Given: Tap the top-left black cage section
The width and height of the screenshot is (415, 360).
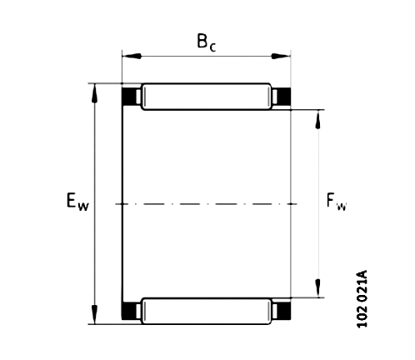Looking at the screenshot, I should [x=131, y=97].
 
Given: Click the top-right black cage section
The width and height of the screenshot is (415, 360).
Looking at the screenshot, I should [x=282, y=97].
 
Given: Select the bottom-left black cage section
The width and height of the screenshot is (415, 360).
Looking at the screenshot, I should [x=131, y=311].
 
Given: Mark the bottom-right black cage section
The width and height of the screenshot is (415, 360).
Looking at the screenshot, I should [x=282, y=311].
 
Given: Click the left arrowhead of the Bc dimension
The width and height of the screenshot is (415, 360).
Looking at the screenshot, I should [x=127, y=57].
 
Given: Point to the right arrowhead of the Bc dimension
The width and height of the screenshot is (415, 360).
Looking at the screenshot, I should [x=286, y=57].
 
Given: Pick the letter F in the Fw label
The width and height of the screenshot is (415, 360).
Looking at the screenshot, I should [x=331, y=201].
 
